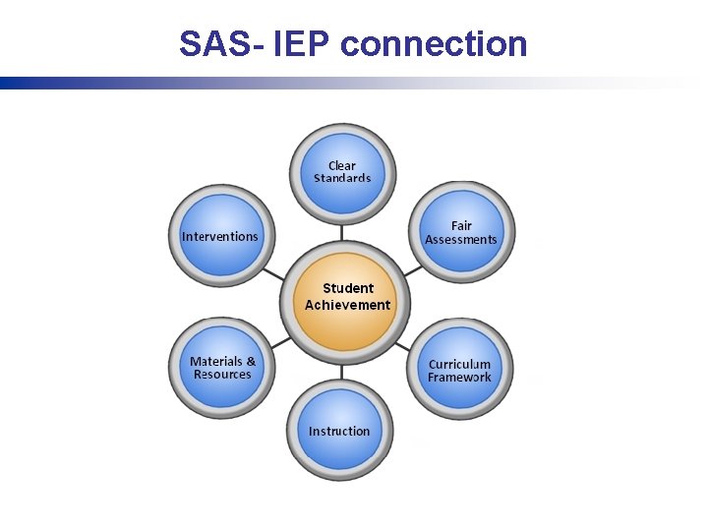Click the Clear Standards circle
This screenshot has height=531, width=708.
point(342,173)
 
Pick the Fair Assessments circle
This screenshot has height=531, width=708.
point(460,234)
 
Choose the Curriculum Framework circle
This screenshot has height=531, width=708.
point(459,370)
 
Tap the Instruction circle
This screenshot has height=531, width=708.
point(340,432)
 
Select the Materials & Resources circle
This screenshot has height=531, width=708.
point(222,368)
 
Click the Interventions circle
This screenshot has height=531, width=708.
point(220,236)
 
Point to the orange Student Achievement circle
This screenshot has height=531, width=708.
point(347,298)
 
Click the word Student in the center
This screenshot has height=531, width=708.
point(348,288)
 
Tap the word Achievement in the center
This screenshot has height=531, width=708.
point(347,305)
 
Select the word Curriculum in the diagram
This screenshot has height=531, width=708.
point(459,364)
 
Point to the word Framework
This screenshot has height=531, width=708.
point(459,378)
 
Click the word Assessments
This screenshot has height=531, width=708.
point(461,240)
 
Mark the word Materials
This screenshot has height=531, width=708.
point(216,361)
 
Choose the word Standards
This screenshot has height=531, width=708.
point(342,179)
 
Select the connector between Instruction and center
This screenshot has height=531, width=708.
point(342,372)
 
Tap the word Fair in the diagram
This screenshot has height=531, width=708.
point(461,226)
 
